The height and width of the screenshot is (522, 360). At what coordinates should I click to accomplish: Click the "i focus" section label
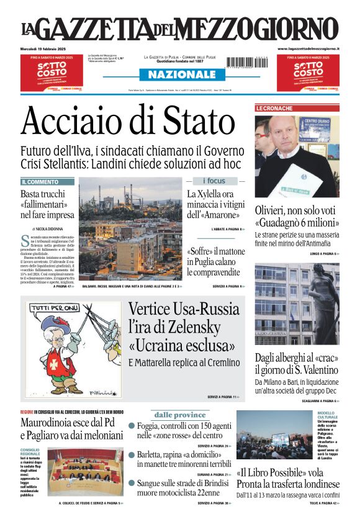click(214, 181)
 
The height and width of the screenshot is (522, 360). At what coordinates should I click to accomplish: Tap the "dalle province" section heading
click(180, 415)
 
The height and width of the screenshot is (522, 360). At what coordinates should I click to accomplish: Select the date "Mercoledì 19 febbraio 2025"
click(47, 48)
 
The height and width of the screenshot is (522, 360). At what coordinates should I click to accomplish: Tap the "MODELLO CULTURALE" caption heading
click(327, 415)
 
